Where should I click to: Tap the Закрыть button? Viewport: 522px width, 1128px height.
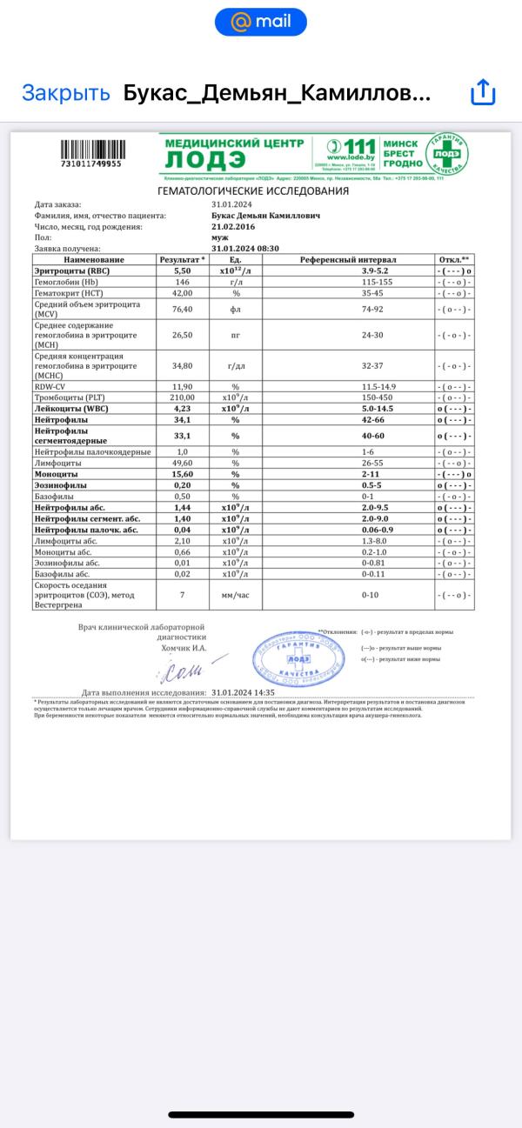coord(66,93)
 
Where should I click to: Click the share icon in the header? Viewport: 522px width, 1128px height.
coord(482,93)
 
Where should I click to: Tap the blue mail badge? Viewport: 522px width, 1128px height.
coord(261,22)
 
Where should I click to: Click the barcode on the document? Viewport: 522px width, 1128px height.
coord(91,149)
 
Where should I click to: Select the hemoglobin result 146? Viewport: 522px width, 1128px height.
coord(183,283)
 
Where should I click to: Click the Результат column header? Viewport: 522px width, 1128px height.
coord(183,259)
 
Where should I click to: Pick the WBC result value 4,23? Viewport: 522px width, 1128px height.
coord(183,408)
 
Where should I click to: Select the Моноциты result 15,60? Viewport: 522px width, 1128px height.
coord(183,475)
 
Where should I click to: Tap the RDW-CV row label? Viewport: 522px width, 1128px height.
coord(51,385)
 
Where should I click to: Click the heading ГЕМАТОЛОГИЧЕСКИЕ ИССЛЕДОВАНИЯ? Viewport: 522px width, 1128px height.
coord(253,190)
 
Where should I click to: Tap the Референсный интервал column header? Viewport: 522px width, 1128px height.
coord(348,259)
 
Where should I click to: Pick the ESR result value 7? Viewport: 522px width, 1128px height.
coord(183,595)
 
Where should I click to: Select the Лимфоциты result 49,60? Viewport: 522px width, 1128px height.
coord(183,464)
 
